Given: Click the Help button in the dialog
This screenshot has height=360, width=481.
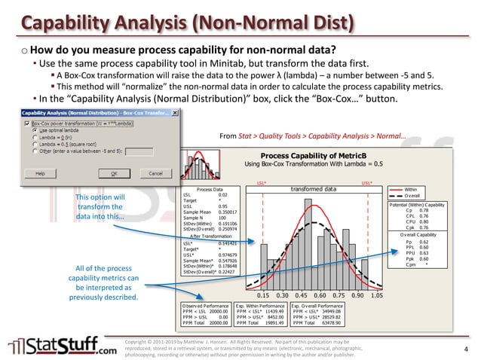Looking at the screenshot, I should [41, 172].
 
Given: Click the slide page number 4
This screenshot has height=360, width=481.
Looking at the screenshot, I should [466, 348].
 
